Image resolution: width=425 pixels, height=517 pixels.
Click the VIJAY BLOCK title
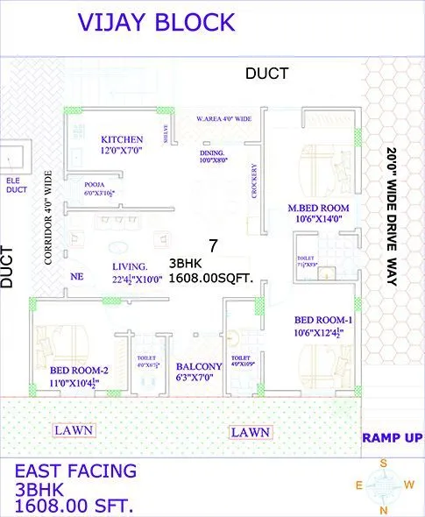coord(157,23)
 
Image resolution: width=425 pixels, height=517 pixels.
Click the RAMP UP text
coord(392,437)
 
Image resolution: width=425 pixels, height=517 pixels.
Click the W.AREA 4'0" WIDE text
coord(224,118)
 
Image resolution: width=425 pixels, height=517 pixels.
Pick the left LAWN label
coord(74,431)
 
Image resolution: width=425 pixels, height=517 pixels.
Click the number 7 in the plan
coord(212,244)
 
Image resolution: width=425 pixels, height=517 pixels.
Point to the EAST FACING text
coord(76,471)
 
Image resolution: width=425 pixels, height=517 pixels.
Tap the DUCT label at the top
coord(266,74)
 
